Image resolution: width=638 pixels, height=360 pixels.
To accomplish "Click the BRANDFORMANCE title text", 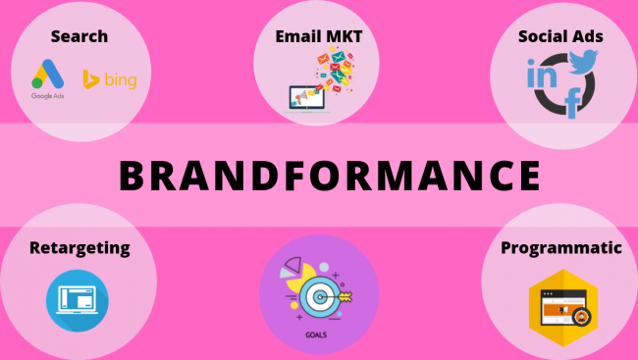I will (330, 176).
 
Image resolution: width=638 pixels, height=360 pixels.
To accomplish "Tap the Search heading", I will (79, 37).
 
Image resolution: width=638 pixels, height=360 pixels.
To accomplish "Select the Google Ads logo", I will (47, 75).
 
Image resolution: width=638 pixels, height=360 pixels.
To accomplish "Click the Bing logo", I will (110, 78).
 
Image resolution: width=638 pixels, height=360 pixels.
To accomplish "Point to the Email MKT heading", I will (318, 37).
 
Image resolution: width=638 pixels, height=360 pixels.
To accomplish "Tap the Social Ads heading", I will (560, 37).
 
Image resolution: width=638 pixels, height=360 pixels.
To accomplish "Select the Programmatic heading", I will (560, 247).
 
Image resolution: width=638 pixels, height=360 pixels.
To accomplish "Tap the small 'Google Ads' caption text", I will (47, 97).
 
